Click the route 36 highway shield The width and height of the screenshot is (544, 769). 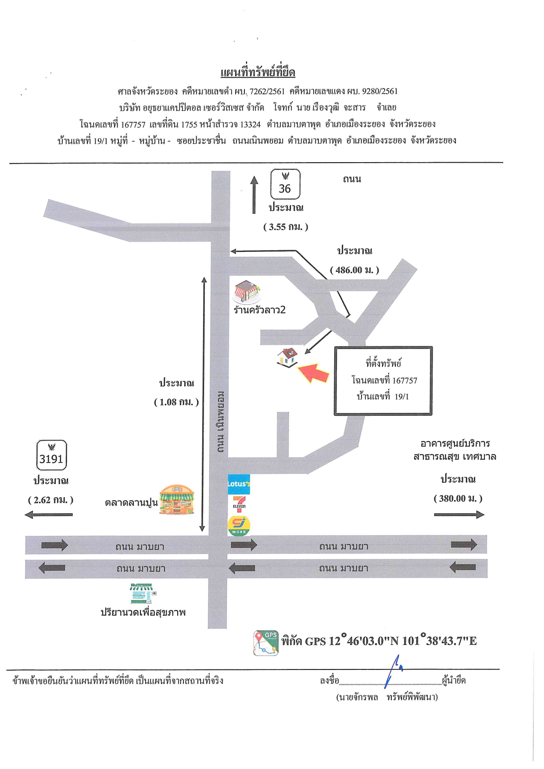285,185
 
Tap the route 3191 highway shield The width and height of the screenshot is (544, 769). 51,455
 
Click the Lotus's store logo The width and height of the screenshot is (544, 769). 239,484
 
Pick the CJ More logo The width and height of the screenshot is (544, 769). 239,525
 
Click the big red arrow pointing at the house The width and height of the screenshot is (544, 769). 314,373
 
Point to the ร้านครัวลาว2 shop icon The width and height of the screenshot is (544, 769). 247,292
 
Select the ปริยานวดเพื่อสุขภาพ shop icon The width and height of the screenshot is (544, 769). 142,593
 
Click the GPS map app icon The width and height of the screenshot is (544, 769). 266,643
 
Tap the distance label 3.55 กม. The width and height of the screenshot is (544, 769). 286,227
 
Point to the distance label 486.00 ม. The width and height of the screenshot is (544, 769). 354,270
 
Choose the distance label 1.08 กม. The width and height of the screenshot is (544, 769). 176,402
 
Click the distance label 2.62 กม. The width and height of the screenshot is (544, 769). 50,500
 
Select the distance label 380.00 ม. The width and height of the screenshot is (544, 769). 458,498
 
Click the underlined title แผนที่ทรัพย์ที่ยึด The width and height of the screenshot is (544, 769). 258,72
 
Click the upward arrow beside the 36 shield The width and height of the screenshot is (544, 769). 254,195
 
